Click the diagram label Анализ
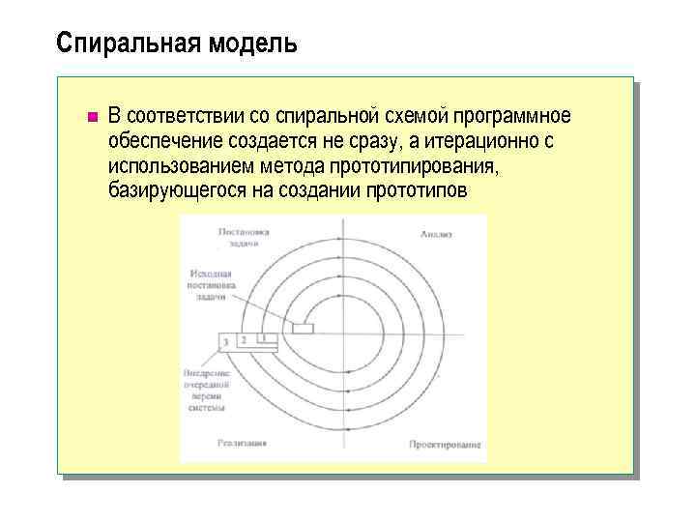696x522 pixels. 436,234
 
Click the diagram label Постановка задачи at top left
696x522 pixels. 243,238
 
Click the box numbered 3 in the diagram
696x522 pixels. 225,342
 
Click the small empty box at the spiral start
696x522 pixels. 303,329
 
